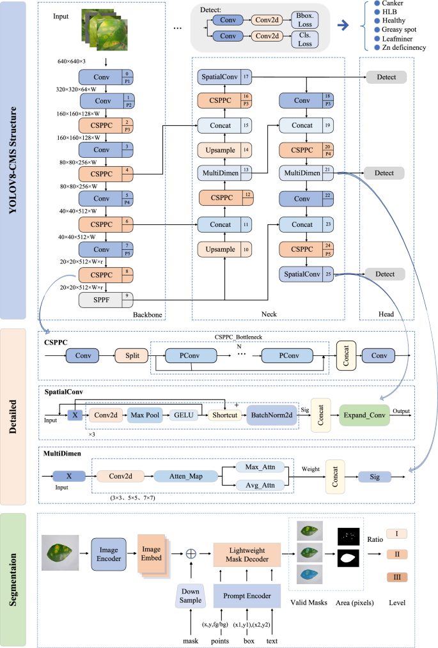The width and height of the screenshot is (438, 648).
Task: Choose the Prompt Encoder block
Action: tap(246, 596)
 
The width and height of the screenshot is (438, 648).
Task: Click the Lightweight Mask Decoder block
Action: tap(246, 553)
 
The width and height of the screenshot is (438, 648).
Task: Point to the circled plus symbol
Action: tap(190, 553)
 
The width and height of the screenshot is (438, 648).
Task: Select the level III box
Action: tap(396, 577)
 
